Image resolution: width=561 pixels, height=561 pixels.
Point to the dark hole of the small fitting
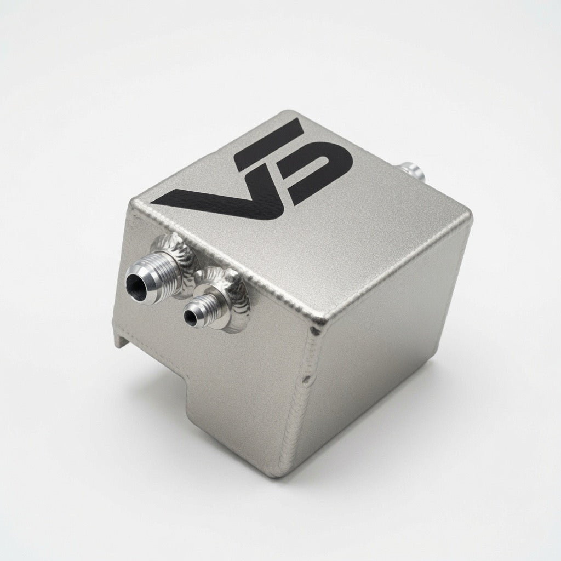pyautogui.click(x=191, y=317)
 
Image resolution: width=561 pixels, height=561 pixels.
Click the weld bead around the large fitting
pyautogui.click(x=179, y=257)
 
